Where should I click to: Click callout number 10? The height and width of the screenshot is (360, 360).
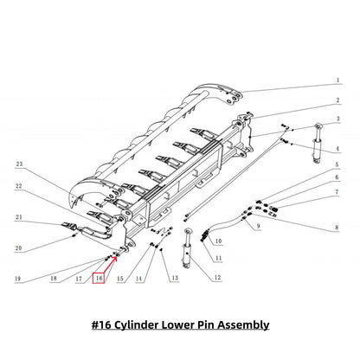[218, 241]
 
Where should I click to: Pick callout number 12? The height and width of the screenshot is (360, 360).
[218, 277]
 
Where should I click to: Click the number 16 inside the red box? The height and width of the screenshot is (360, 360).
[100, 279]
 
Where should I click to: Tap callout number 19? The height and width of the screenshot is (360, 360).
[17, 279]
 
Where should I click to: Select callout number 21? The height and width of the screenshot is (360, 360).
[17, 216]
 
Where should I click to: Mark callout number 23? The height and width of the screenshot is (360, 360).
[17, 164]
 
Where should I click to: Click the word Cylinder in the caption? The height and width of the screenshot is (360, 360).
[151, 325]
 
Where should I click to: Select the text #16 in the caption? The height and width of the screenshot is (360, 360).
[102, 325]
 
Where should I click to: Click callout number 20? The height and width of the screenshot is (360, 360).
[17, 247]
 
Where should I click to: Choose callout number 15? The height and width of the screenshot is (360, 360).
[119, 279]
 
